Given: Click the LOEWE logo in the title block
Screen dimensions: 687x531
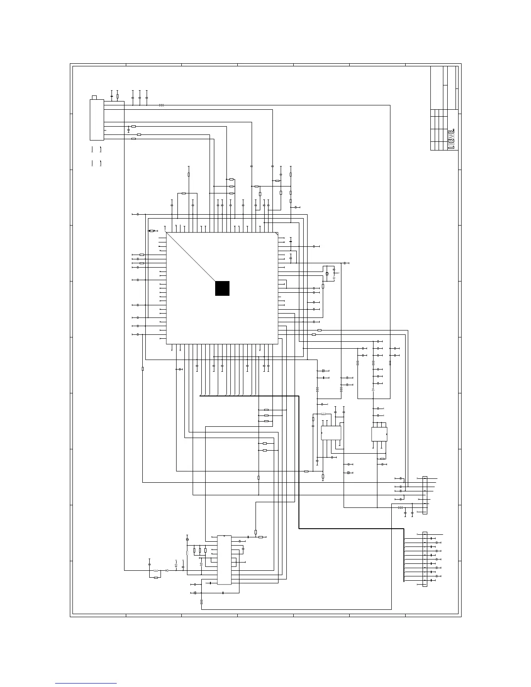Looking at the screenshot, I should tap(451, 139).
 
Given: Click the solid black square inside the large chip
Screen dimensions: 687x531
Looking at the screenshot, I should tap(222, 288).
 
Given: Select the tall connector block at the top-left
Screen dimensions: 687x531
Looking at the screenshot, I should tap(97, 120).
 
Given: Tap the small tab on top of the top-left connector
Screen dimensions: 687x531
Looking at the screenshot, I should tap(95, 97).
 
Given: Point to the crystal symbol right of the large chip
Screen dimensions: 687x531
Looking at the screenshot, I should tap(327, 274).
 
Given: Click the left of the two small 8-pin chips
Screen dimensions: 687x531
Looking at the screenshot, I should tap(331, 433).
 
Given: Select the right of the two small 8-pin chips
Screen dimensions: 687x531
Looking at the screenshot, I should tap(380, 434).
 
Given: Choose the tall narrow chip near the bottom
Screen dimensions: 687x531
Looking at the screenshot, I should tap(224, 559).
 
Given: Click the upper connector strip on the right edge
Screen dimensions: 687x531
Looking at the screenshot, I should tap(425, 495).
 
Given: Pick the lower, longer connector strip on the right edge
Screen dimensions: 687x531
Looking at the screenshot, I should tap(425, 559).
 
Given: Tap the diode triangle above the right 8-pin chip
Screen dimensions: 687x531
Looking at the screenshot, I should tap(374, 389).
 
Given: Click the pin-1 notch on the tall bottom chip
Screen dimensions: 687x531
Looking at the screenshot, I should tap(224, 537).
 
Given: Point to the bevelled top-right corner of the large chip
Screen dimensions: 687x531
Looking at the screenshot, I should tap(276, 234).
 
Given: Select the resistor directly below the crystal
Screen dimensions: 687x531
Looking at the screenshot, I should tap(323, 286).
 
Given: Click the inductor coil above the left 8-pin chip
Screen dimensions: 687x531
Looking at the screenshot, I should tap(323, 414).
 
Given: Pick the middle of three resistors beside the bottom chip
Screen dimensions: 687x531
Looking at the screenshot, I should tap(200, 550).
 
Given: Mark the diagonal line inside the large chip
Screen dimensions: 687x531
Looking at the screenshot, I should tap(191, 257).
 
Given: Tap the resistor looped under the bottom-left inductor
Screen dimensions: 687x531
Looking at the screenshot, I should tap(156, 578).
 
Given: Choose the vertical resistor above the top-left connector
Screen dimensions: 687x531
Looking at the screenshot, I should tap(118, 96).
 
